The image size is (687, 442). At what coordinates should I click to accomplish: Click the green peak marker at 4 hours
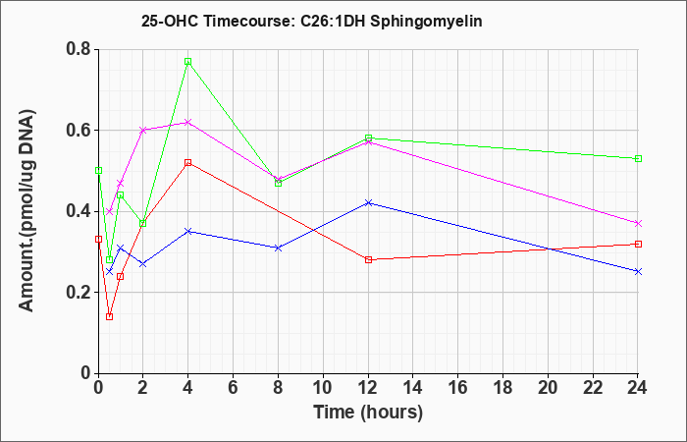click(x=188, y=61)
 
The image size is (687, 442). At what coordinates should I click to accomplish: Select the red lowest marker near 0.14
click(x=110, y=316)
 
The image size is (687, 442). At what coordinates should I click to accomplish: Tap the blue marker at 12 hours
click(x=368, y=203)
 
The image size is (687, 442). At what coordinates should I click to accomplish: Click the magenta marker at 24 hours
click(x=638, y=224)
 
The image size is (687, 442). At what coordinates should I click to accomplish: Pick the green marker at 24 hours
click(x=638, y=158)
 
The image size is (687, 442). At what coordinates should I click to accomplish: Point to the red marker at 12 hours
click(x=368, y=259)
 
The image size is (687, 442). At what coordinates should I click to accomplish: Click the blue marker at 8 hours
click(x=278, y=248)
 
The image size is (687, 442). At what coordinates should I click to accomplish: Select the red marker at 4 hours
click(x=188, y=163)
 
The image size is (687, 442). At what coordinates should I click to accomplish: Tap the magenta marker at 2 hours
click(x=143, y=131)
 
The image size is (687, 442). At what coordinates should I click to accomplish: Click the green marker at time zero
click(x=98, y=170)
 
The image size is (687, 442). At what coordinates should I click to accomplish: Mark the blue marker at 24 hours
click(x=638, y=272)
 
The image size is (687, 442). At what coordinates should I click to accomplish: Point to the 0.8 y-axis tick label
click(x=79, y=49)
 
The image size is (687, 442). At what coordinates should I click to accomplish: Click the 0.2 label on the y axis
click(x=79, y=292)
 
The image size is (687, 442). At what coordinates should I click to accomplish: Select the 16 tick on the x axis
click(x=458, y=388)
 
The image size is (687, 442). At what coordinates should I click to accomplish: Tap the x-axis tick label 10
click(x=323, y=388)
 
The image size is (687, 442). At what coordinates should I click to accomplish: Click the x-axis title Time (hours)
click(x=368, y=413)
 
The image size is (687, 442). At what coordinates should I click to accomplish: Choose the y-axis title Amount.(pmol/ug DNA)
click(x=27, y=210)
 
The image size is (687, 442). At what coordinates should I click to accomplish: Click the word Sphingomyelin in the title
click(x=426, y=22)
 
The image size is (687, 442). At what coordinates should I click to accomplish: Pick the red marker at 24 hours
click(x=638, y=244)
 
